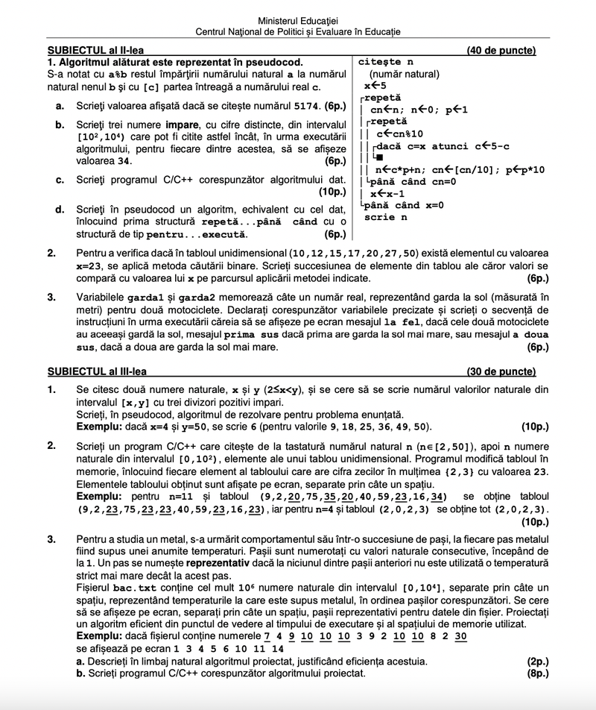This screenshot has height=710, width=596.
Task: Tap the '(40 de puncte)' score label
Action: tap(501, 51)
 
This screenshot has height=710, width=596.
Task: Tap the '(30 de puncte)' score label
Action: tap(501, 371)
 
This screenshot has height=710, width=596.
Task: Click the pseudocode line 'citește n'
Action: tap(386, 62)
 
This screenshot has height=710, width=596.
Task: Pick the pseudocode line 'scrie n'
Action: tap(385, 217)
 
